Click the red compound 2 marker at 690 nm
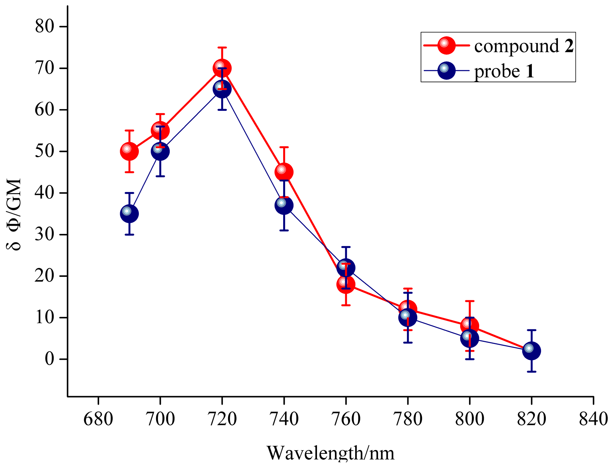(x=129, y=151)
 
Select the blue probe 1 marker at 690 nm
(x=129, y=214)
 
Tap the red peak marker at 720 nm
(x=222, y=68)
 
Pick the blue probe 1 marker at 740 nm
(x=284, y=205)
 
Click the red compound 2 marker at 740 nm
(x=284, y=172)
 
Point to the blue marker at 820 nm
(x=531, y=351)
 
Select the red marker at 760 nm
(x=345, y=285)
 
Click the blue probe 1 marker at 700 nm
(x=160, y=151)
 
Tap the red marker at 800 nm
(x=469, y=326)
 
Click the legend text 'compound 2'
(x=523, y=46)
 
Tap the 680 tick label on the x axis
(x=98, y=419)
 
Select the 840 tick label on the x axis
(x=593, y=419)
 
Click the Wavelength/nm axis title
(x=330, y=453)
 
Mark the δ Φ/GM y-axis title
(x=15, y=215)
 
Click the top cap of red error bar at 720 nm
(x=222, y=47)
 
